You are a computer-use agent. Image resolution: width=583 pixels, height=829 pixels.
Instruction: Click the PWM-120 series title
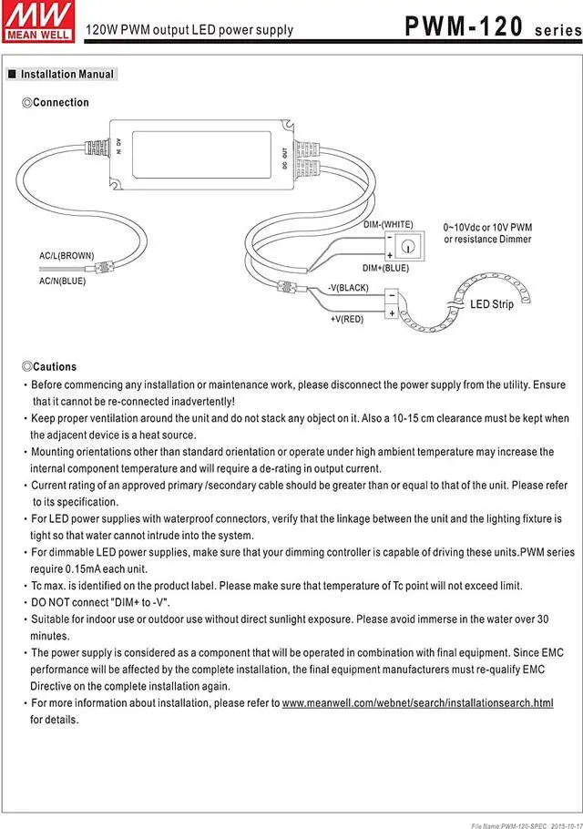point(488,26)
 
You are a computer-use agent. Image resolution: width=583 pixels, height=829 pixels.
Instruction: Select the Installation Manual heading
point(66,74)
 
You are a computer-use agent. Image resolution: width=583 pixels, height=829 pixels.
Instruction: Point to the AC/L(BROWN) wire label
point(66,256)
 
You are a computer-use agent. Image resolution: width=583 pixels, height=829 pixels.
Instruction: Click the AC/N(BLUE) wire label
point(62,281)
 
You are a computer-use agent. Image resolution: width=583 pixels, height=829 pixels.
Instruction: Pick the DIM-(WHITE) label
point(388,224)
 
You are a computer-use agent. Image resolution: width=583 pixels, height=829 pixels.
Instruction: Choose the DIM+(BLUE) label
point(385,268)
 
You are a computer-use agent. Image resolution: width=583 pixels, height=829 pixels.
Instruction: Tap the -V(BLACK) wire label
point(348,288)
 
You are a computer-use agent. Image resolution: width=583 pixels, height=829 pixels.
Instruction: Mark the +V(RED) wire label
point(346,319)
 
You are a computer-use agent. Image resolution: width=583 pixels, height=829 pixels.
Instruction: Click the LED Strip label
point(491,304)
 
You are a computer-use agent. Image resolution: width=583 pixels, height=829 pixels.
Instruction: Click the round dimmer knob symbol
point(409,244)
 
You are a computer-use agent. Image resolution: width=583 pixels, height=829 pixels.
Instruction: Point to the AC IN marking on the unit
point(118,146)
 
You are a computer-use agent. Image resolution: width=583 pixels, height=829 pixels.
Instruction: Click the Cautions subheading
point(54,366)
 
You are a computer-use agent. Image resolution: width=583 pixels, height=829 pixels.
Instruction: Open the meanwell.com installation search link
point(417,703)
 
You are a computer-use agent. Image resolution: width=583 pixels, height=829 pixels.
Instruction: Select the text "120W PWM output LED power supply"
point(189,30)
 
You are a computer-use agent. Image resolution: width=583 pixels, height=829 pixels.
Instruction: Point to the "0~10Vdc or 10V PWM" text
point(487,227)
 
